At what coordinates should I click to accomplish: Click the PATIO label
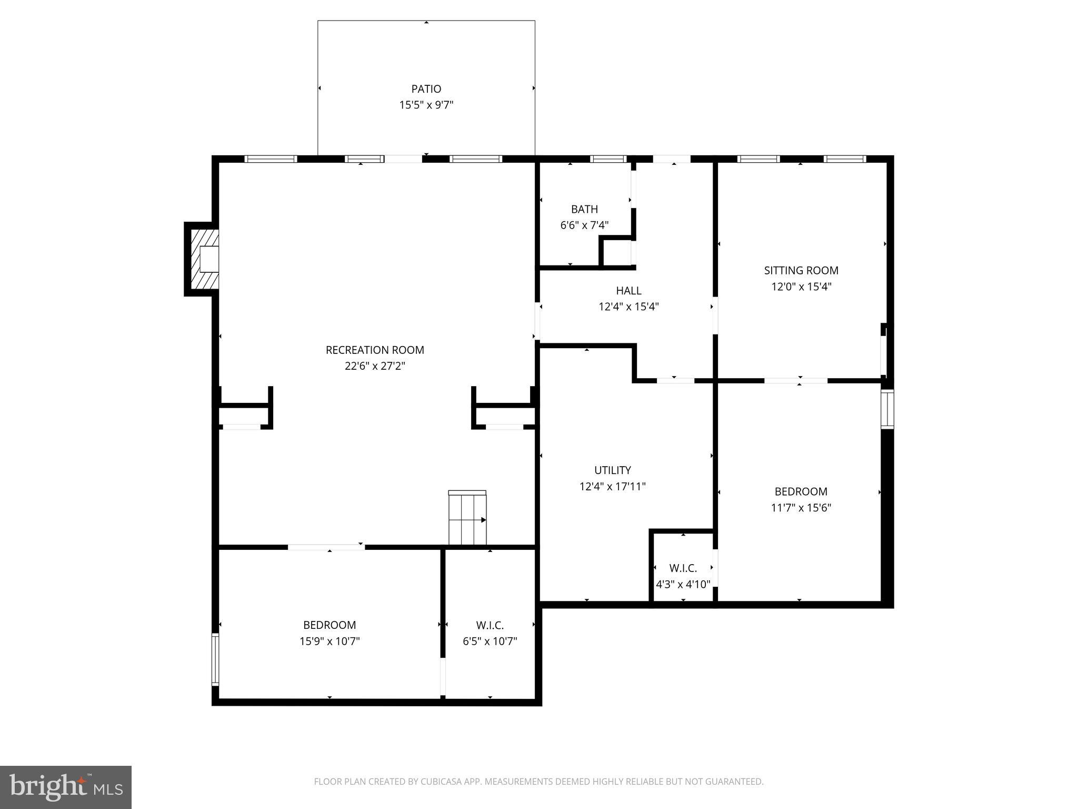[x=426, y=89]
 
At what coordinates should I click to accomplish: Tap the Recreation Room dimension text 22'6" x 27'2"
[x=375, y=366]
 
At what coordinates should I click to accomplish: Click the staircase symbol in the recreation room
[x=467, y=518]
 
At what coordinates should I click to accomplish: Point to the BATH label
[x=584, y=209]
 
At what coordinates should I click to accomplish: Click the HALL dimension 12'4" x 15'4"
[x=628, y=307]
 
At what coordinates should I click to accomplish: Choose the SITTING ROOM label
[x=801, y=271]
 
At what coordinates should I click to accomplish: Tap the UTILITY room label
[x=613, y=470]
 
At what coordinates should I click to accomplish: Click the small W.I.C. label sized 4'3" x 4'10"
[x=683, y=568]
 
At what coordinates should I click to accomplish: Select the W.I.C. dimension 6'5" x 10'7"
[x=490, y=642]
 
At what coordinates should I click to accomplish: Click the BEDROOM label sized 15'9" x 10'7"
[x=330, y=625]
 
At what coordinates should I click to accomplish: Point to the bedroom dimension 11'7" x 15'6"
[x=801, y=508]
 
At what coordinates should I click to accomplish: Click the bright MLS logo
[x=66, y=787]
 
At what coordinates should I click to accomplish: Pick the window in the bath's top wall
[x=608, y=159]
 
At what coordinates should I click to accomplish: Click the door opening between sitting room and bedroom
[x=796, y=380]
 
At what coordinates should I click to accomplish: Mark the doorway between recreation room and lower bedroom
[x=326, y=547]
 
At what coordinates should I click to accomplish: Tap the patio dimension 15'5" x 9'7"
[x=426, y=105]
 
